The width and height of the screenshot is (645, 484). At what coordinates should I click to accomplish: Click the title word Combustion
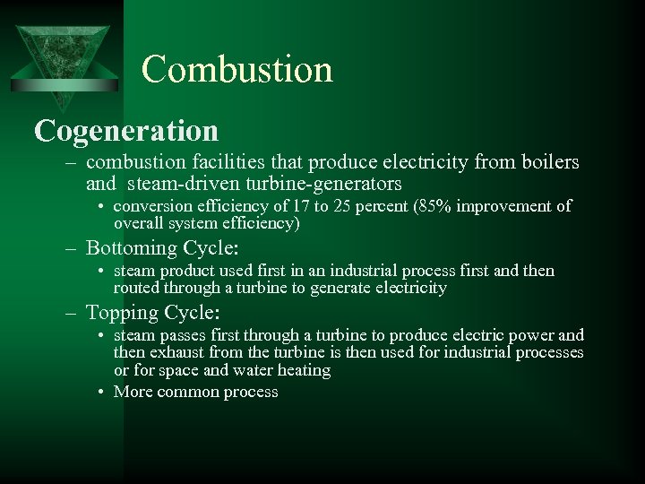click(236, 69)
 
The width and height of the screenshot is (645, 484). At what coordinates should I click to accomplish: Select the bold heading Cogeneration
click(126, 130)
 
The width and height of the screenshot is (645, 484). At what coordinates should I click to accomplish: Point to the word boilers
click(547, 163)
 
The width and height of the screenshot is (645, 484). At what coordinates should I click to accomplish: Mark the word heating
click(302, 369)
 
